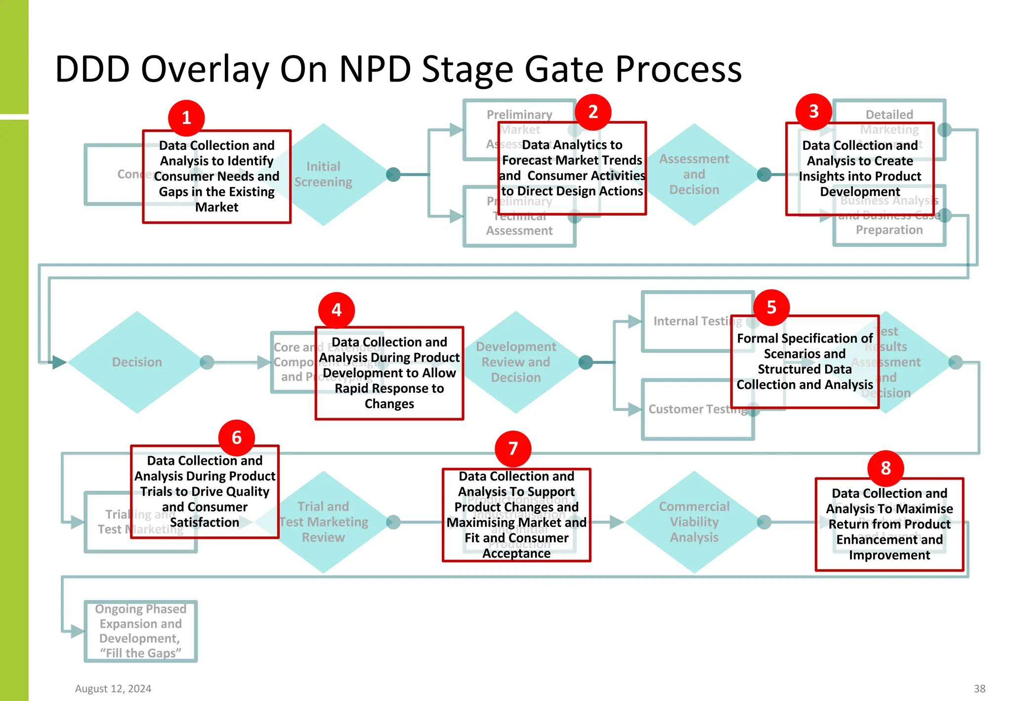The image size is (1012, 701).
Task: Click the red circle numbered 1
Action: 186,118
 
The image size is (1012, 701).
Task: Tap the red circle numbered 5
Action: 771,307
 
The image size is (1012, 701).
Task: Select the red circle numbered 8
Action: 885,468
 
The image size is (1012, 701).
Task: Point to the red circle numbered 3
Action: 814,112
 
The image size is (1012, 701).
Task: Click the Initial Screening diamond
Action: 336,175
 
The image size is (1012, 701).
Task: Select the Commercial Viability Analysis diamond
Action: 694,522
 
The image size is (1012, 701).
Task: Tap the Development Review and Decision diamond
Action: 516,362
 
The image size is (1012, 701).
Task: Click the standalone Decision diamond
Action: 137,362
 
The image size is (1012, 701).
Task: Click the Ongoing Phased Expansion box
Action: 140,631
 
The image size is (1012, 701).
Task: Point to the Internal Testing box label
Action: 692,321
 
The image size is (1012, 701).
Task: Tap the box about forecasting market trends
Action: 572,168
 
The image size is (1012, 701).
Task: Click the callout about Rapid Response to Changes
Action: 389,373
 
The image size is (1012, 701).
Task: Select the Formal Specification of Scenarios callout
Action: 804,362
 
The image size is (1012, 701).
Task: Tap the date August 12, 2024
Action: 113,689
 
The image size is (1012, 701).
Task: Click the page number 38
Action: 979,689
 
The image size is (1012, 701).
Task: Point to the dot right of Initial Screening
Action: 393,175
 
